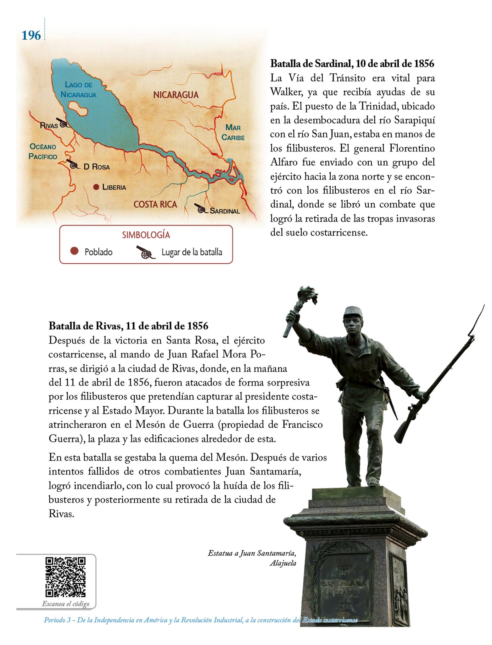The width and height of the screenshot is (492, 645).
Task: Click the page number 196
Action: (x=31, y=35)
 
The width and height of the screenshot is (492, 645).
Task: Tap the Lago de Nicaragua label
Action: (x=78, y=89)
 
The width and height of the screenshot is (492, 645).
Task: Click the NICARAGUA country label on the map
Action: (x=176, y=95)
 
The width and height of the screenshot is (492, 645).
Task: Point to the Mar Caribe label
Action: (x=233, y=132)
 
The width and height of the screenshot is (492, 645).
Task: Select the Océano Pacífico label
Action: (x=43, y=151)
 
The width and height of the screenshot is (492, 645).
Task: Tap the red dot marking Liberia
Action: (x=96, y=187)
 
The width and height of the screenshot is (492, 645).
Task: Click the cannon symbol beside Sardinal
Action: (x=200, y=208)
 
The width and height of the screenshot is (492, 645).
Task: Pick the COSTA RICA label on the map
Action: (x=155, y=204)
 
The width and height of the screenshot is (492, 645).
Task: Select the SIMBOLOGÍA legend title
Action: (x=146, y=235)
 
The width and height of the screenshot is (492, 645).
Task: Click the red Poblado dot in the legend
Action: (x=74, y=251)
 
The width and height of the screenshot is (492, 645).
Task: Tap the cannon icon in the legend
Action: (x=145, y=252)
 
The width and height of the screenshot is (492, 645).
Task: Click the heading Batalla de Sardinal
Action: (x=352, y=64)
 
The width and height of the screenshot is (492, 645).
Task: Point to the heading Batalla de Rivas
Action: (x=128, y=326)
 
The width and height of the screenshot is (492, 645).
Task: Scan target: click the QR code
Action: (x=65, y=577)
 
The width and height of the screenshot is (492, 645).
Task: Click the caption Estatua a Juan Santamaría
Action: (x=252, y=553)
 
